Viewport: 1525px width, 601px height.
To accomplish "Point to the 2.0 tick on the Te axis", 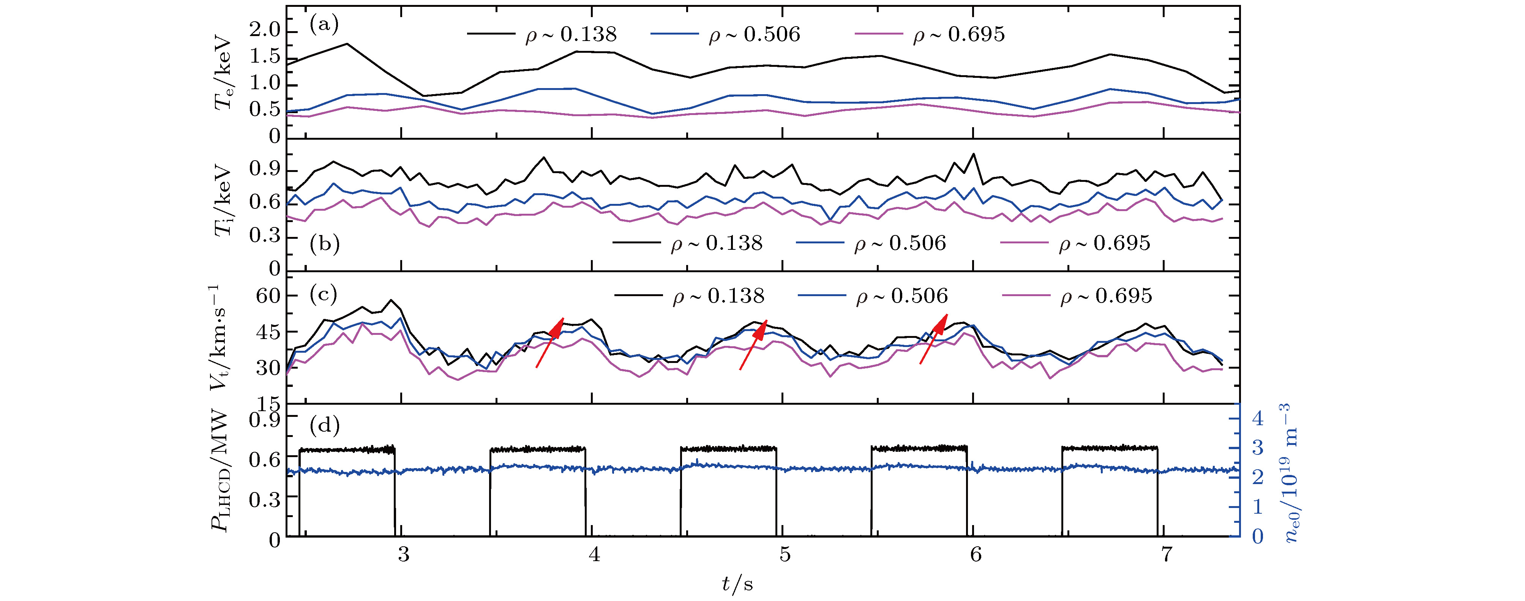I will coord(265,33).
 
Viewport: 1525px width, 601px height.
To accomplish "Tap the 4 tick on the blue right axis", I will coord(1256,419).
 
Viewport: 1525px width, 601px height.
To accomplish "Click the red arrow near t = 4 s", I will coord(549,342).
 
